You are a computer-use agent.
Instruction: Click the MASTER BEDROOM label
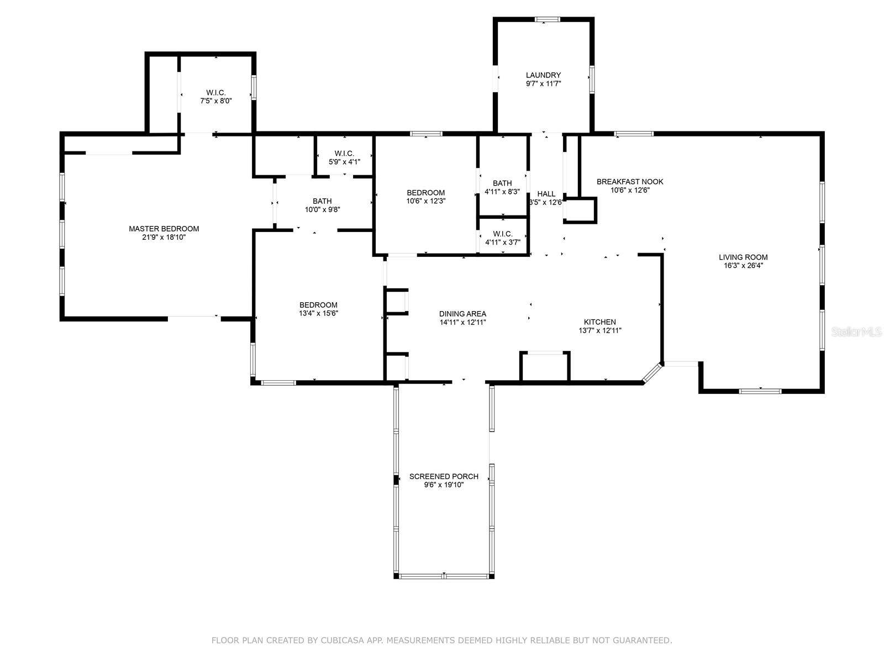(x=164, y=229)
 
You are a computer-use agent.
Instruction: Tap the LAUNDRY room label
(x=543, y=75)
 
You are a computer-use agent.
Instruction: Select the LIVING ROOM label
(x=743, y=257)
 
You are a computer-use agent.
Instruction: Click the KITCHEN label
(x=600, y=322)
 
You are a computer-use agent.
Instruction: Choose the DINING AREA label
(x=462, y=314)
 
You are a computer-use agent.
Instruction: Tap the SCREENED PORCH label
(x=444, y=476)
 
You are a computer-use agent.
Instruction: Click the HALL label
(x=546, y=194)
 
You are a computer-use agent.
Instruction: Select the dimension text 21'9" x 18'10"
(x=164, y=237)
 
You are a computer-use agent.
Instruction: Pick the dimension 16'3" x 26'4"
(x=743, y=265)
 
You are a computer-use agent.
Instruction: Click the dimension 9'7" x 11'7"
(x=543, y=84)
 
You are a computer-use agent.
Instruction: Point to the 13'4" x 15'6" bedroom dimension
(x=318, y=313)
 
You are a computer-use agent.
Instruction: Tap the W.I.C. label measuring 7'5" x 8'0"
(x=216, y=93)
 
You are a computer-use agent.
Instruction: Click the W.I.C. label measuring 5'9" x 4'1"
(x=344, y=153)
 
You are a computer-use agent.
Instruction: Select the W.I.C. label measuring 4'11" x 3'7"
(x=502, y=234)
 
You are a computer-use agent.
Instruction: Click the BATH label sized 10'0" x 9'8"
(x=322, y=201)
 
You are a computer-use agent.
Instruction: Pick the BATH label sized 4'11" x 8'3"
(x=502, y=183)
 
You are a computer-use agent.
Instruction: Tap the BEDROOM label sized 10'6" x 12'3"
(x=425, y=193)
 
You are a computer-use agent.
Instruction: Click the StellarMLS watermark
(x=857, y=331)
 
